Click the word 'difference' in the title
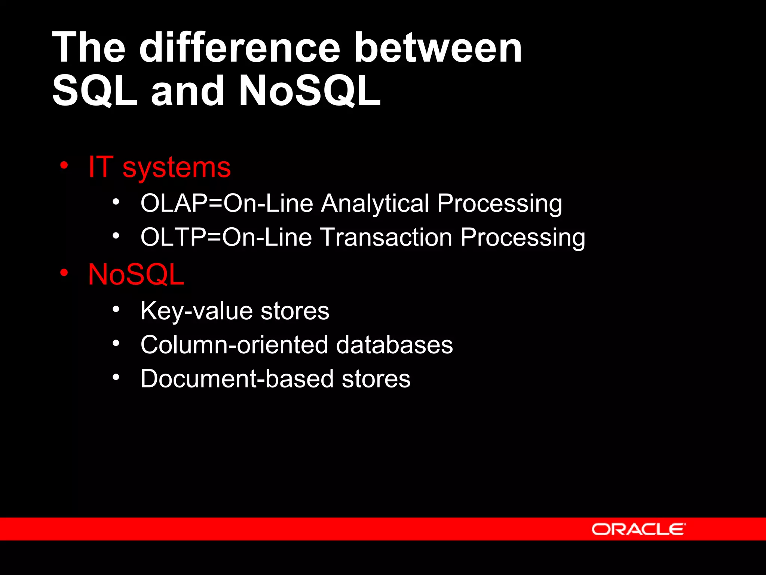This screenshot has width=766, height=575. pyautogui.click(x=239, y=48)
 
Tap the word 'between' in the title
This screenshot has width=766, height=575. pyautogui.click(x=438, y=48)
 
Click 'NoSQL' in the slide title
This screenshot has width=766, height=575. pyautogui.click(x=310, y=91)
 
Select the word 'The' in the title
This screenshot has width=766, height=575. pyautogui.click(x=89, y=48)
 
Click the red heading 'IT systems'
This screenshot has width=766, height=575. pyautogui.click(x=159, y=167)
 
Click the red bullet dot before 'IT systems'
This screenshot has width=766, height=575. pyautogui.click(x=64, y=165)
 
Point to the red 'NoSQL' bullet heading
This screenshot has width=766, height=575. pyautogui.click(x=136, y=274)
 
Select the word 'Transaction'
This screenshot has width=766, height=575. pyautogui.click(x=386, y=237)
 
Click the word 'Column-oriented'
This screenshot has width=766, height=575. pyautogui.click(x=234, y=345)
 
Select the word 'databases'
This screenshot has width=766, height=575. pyautogui.click(x=394, y=345)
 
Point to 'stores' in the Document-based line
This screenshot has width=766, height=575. pyautogui.click(x=376, y=379)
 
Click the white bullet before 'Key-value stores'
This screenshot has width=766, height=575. pyautogui.click(x=116, y=309)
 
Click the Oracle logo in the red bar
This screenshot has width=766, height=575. pyautogui.click(x=638, y=529)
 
